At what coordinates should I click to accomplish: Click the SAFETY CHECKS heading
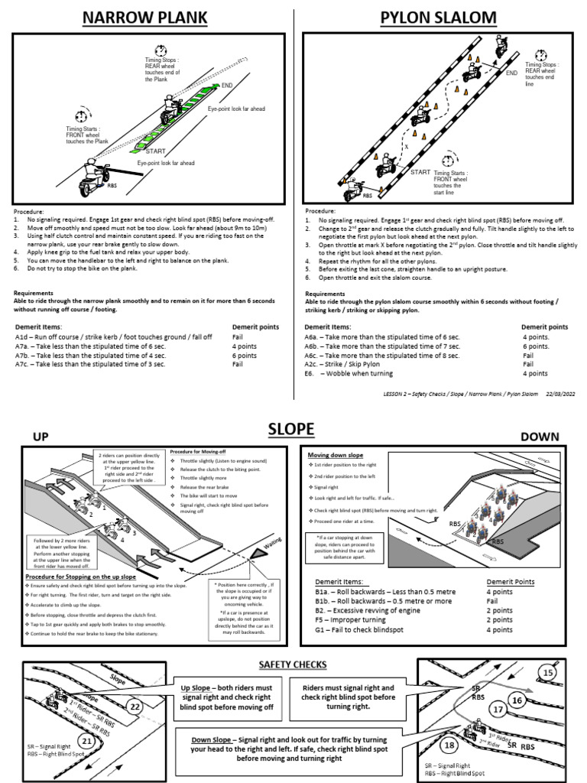point(293,664)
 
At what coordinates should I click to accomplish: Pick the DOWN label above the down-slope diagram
point(540,437)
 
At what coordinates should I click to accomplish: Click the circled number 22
point(134,707)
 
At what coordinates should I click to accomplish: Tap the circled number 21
point(87,740)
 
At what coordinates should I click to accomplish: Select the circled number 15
point(546,673)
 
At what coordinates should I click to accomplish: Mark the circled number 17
point(498,709)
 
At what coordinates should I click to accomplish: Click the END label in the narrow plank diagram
point(226,86)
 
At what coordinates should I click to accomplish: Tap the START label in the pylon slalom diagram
point(420,173)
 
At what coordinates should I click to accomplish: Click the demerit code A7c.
point(24,365)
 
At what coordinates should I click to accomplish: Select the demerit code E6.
point(310,373)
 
